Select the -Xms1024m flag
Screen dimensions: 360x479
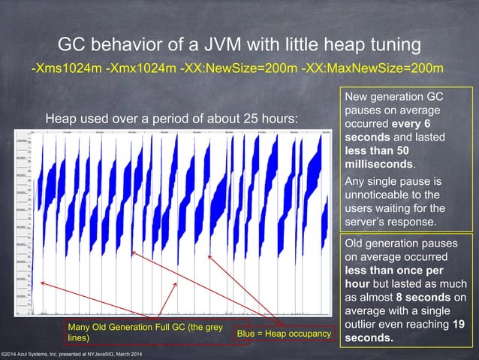[x=65, y=68]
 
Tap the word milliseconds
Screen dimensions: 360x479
[x=379, y=163]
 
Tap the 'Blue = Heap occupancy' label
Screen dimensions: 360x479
[x=284, y=333]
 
